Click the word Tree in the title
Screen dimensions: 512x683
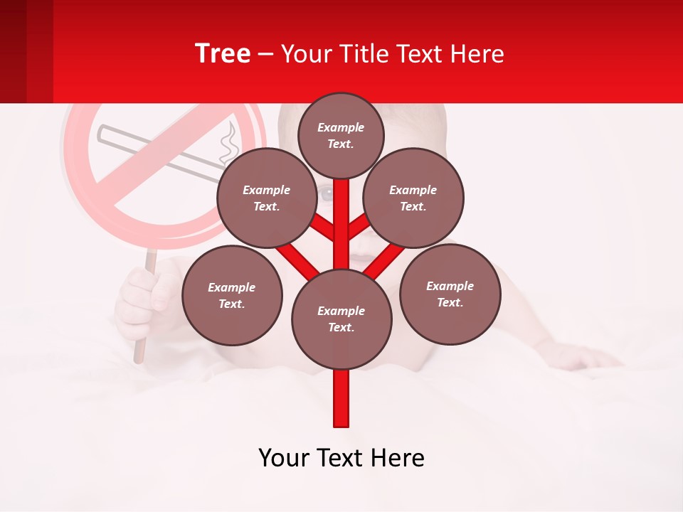tap(223, 53)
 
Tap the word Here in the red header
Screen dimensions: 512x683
tap(479, 53)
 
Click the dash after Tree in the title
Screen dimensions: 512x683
tap(265, 55)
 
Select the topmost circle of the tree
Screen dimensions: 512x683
tap(341, 135)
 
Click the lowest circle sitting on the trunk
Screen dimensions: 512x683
tap(341, 319)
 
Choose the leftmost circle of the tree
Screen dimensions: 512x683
tap(232, 295)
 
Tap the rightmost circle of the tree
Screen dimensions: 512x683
tap(450, 294)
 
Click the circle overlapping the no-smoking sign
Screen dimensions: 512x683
tap(266, 198)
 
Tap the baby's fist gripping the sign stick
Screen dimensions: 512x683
tap(142, 299)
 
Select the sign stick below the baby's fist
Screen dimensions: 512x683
tap(139, 351)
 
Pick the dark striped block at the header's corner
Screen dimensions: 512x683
tap(26, 51)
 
